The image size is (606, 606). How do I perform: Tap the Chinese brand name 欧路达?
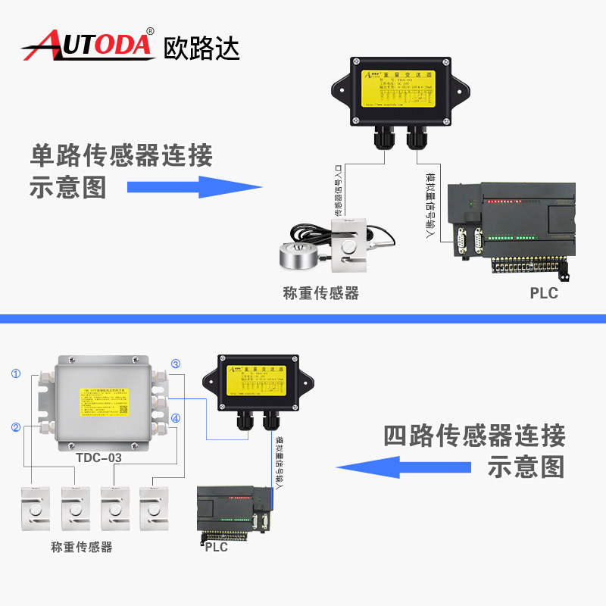201,47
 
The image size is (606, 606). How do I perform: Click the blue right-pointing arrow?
193,186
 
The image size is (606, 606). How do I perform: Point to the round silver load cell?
301,256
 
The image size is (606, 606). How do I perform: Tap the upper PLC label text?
544,292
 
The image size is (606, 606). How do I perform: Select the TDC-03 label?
98,458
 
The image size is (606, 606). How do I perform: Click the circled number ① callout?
16,373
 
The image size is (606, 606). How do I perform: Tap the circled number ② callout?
16,427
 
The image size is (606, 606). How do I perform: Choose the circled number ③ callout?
175,364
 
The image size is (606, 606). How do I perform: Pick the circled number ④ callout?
175,418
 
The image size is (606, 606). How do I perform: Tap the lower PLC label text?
216,546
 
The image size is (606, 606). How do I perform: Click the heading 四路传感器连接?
474,436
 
